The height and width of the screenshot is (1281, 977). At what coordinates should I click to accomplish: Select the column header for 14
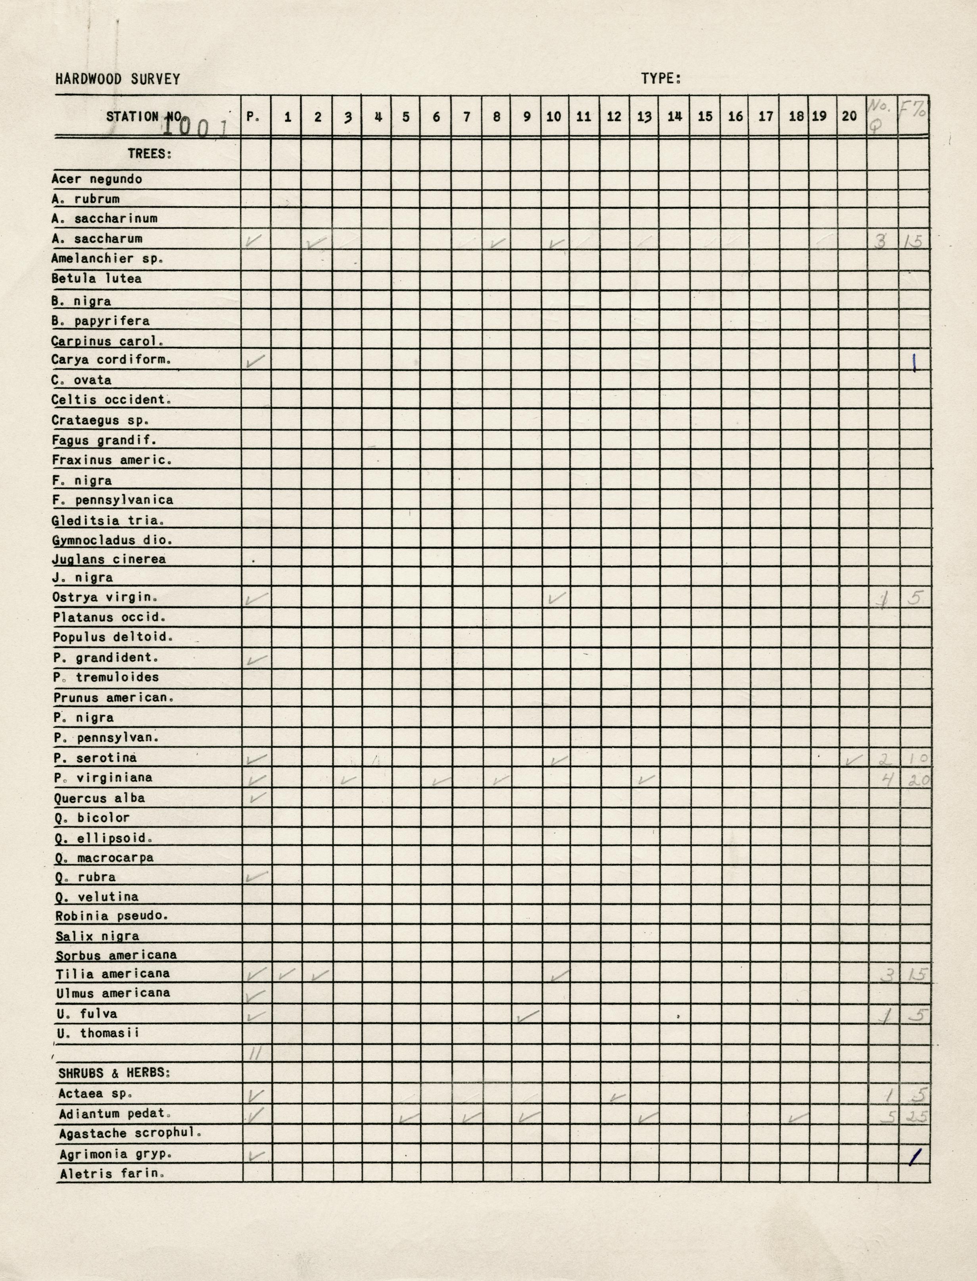pos(675,117)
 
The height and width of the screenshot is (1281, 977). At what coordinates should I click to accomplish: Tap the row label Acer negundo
pos(96,179)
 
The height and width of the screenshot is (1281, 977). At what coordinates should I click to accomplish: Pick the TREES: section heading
pos(150,154)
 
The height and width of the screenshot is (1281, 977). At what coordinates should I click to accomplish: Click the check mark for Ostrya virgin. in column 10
pos(557,597)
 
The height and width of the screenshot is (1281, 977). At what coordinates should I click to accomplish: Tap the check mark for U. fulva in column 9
pos(528,1016)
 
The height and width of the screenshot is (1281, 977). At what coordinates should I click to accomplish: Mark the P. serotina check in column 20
pos(853,759)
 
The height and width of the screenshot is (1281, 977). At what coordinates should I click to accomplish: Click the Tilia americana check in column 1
pos(287,974)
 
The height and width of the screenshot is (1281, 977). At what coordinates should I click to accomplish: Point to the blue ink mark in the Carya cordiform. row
pos(914,363)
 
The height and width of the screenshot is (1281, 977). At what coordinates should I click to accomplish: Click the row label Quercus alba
pos(100,798)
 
